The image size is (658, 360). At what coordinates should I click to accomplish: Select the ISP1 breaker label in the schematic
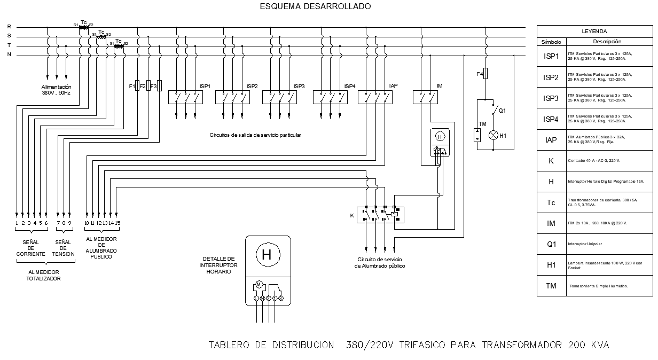205,86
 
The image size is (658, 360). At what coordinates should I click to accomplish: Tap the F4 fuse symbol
485,74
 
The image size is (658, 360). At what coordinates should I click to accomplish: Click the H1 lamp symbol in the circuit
493,135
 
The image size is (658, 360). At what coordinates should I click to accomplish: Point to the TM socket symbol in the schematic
477,135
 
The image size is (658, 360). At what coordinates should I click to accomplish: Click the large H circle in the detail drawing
267,255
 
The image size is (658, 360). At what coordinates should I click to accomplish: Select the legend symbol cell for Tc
551,202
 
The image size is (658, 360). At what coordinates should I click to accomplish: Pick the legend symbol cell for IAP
551,140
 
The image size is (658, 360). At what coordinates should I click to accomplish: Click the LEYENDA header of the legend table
594,32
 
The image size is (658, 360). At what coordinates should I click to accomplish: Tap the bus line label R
9,26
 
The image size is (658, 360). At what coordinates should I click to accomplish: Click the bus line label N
9,55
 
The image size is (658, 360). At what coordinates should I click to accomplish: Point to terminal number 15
117,223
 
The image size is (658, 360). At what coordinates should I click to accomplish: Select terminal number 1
17,223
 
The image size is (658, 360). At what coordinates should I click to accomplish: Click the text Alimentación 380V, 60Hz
56,90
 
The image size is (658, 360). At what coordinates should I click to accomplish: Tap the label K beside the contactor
351,215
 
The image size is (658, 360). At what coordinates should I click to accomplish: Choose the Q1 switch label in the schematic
502,111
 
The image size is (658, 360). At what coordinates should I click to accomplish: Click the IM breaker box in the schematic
425,97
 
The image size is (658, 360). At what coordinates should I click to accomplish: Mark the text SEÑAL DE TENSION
63,248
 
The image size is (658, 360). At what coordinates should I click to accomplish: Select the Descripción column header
607,42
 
